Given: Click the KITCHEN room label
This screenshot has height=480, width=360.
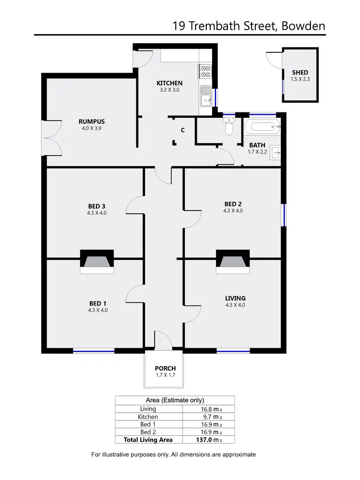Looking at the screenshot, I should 169,83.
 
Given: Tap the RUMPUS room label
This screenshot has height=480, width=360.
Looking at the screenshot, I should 92,122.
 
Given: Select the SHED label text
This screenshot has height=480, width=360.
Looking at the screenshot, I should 300,73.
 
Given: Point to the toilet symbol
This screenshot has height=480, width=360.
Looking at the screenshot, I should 229,128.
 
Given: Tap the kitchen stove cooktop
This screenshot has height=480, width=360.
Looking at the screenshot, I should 205,71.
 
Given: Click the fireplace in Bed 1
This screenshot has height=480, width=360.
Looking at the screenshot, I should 97,262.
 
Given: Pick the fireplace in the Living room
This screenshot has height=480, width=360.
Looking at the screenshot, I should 233,262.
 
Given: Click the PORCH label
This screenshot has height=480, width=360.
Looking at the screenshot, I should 165,369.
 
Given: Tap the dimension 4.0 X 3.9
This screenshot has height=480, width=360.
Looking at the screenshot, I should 92,128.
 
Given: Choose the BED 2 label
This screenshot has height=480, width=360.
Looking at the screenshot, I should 233,203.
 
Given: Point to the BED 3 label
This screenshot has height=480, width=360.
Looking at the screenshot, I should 97,207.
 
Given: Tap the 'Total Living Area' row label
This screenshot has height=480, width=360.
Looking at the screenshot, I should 149,440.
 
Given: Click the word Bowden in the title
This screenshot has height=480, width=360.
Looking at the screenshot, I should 304,26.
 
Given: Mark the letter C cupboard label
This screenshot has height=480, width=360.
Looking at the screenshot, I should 183,130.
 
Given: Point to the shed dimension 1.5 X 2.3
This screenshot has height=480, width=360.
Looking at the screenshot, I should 300,79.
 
